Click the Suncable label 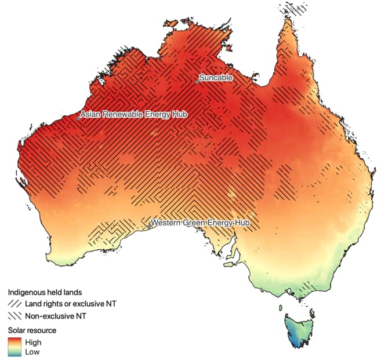(216, 78)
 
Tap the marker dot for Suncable (197, 82)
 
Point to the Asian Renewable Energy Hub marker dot (78, 118)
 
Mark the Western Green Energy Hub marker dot (148, 227)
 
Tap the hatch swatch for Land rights (14, 304)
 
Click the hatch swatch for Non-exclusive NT (14, 316)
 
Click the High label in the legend (34, 342)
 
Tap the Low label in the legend (32, 351)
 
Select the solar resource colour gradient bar (14, 347)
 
